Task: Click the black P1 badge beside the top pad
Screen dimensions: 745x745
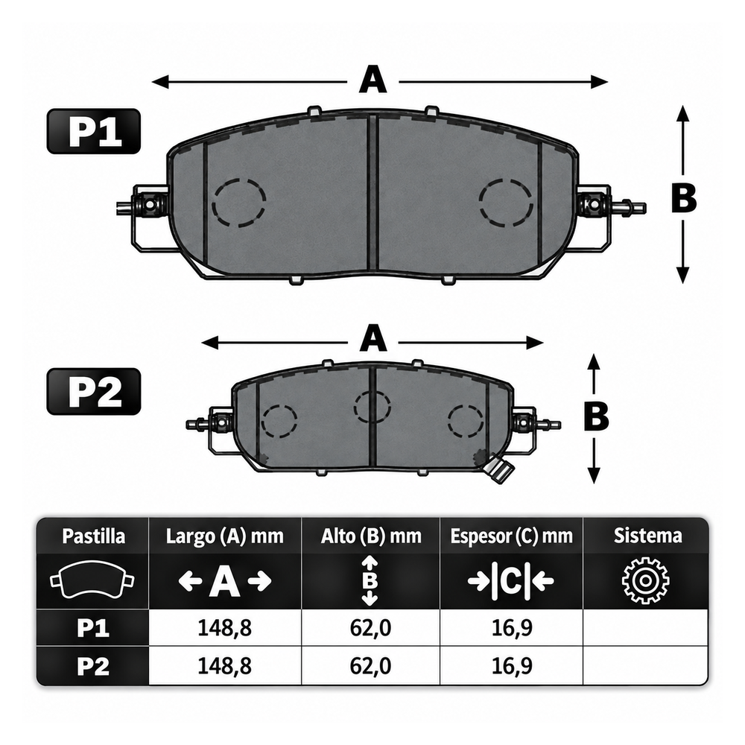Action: (x=94, y=131)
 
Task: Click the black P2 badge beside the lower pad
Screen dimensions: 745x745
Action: (x=94, y=392)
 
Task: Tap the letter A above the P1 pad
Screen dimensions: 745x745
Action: (x=373, y=80)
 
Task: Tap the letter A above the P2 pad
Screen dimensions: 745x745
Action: (x=373, y=339)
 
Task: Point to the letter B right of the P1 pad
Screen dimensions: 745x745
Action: (x=684, y=198)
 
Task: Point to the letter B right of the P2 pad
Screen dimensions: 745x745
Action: (x=596, y=416)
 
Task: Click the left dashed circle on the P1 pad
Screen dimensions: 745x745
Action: (x=239, y=203)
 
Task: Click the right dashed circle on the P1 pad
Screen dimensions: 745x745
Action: (x=506, y=203)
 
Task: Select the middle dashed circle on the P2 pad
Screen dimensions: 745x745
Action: (x=372, y=408)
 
